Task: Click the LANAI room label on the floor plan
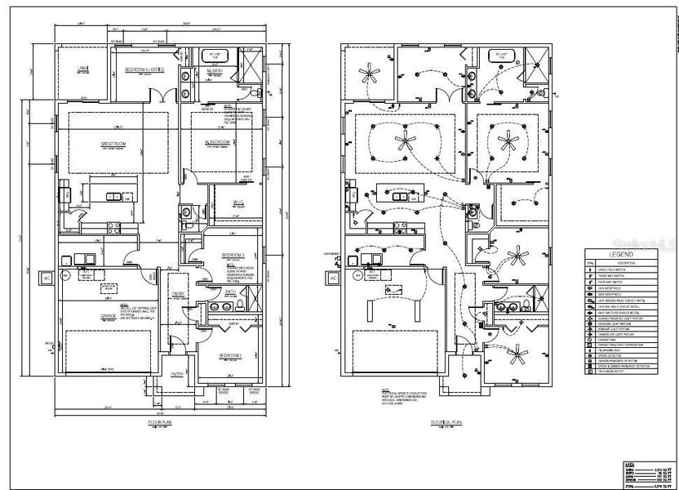(x=83, y=69)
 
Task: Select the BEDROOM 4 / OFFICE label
(x=144, y=70)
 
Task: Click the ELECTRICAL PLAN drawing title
(x=448, y=422)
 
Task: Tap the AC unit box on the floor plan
(x=45, y=278)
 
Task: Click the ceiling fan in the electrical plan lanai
(x=371, y=77)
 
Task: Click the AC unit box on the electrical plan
(x=334, y=278)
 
